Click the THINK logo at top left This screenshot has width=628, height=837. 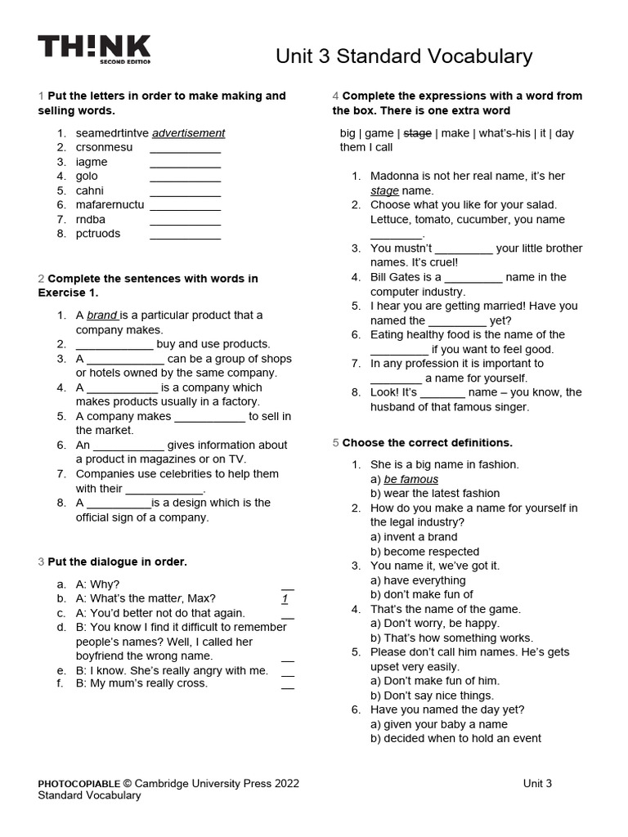[94, 49]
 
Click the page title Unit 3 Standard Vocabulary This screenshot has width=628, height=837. [404, 56]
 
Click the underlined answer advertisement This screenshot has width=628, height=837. [188, 133]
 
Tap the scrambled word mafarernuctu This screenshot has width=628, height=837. [110, 204]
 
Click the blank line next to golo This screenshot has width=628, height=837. [185, 177]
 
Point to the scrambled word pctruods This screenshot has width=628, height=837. [98, 234]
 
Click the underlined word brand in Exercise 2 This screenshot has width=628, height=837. [102, 316]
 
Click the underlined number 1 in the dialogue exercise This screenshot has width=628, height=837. [285, 598]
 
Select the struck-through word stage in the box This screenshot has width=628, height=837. [417, 133]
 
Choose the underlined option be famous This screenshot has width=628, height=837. [410, 479]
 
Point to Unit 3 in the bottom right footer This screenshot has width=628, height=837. [537, 783]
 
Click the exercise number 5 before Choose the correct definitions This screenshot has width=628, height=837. [335, 443]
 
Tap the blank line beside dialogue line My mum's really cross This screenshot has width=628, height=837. [287, 684]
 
